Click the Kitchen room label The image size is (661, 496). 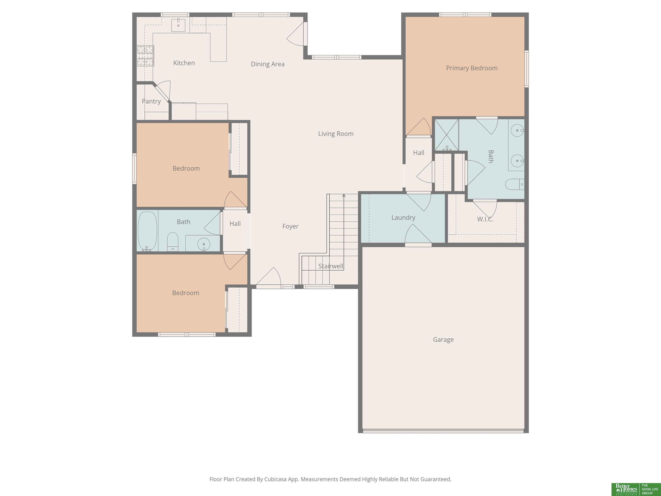(x=184, y=63)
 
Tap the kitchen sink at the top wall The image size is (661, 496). (x=178, y=25)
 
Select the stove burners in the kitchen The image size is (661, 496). (x=145, y=56)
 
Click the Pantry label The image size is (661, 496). (x=151, y=101)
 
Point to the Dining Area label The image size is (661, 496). (x=268, y=64)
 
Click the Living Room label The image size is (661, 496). (x=336, y=134)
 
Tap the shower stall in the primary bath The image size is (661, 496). (x=446, y=135)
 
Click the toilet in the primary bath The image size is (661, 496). (x=514, y=184)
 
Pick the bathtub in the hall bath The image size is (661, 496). (x=147, y=231)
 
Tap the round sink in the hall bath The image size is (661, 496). (x=204, y=244)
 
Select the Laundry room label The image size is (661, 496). (x=403, y=218)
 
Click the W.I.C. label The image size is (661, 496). (x=485, y=219)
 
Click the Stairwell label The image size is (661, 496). (x=331, y=266)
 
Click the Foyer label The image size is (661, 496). (x=290, y=226)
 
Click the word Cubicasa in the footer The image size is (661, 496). (x=275, y=479)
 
